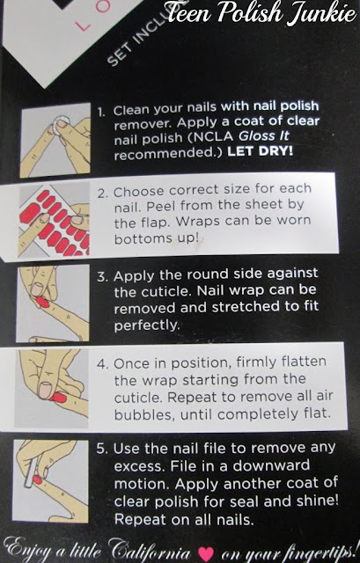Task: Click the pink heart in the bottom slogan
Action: click(206, 553)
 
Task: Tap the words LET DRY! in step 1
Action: click(261, 151)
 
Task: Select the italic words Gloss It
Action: click(264, 136)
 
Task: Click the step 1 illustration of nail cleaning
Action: click(55, 140)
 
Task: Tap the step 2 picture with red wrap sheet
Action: click(55, 220)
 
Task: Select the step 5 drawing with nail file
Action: click(51, 481)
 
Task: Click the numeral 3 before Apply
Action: click(101, 277)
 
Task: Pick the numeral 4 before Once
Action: click(101, 364)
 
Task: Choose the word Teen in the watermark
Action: click(189, 14)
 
